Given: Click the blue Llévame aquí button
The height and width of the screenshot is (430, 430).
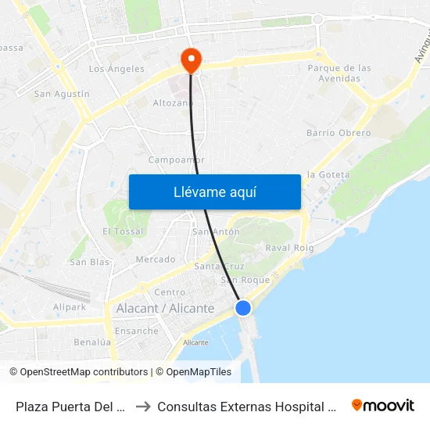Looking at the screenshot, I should [x=214, y=192].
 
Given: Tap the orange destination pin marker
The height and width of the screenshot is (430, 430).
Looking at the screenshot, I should [x=190, y=59].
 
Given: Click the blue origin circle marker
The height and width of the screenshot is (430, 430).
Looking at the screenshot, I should [x=243, y=308].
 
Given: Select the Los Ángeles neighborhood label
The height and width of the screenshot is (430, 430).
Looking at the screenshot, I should [x=116, y=69].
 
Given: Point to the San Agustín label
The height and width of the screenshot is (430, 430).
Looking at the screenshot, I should [x=62, y=94].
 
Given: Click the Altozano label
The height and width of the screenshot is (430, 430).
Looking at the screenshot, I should [x=173, y=102].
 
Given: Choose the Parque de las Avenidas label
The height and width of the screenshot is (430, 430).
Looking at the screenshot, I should [x=339, y=73].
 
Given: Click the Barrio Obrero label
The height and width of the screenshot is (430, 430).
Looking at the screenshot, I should [x=339, y=133].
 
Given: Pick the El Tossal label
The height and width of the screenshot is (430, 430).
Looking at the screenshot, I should [x=124, y=231].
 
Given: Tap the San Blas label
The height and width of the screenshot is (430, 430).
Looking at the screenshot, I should [x=89, y=262].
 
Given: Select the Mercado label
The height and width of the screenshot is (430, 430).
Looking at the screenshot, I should [x=156, y=259].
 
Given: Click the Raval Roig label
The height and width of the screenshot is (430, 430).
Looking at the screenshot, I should [x=289, y=248].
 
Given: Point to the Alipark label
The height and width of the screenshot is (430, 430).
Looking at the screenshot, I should [x=70, y=307].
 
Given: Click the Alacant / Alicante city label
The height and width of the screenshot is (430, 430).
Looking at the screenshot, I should [x=165, y=309].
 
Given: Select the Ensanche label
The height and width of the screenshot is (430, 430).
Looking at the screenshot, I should [x=136, y=331].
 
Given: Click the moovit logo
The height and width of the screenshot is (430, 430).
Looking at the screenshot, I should [x=382, y=405].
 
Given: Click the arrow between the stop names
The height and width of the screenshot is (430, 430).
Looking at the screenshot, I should [x=142, y=406].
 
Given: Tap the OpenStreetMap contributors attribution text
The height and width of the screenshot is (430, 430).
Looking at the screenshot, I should [x=78, y=372].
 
